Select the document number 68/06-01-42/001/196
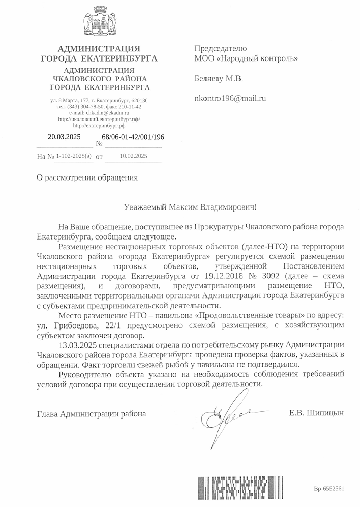coord(133,136)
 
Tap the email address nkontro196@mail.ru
coord(230,98)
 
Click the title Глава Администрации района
coord(92,413)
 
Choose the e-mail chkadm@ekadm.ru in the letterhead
coord(107,113)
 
